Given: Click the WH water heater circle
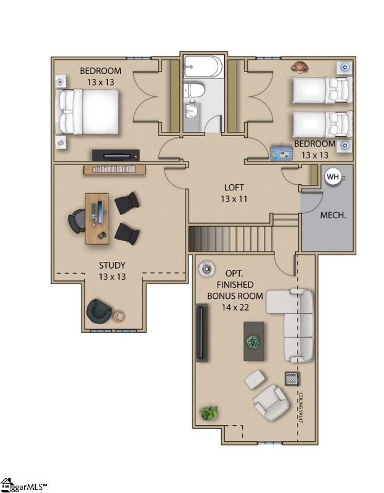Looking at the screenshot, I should [333, 177].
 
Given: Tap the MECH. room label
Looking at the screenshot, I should [332, 216].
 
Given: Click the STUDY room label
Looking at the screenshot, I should [112, 266].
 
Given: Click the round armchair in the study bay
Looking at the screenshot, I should [99, 311].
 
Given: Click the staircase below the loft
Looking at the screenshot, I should [229, 238].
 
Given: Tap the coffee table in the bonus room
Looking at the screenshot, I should [253, 341].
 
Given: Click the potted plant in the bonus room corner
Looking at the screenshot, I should [209, 412].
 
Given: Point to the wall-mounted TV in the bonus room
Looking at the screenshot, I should [200, 333].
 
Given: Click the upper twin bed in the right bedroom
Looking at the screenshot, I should [321, 89].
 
